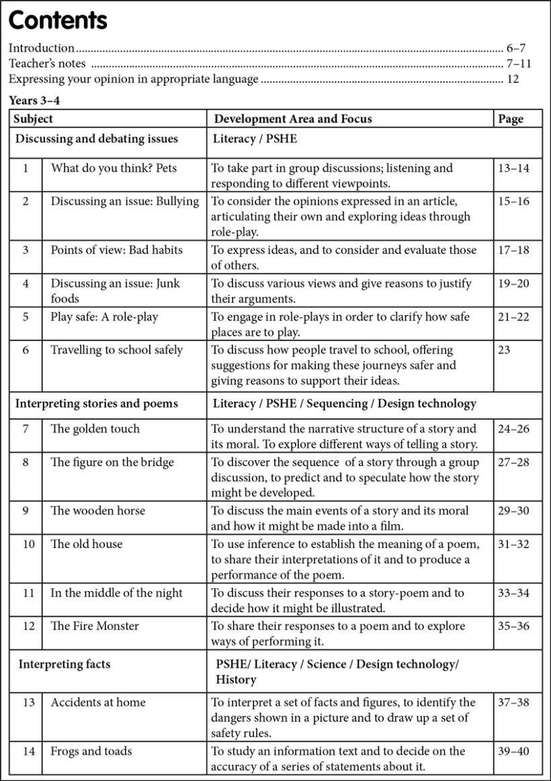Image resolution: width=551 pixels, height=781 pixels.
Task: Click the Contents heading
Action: [58, 21]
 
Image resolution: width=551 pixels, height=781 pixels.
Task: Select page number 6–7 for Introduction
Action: [515, 48]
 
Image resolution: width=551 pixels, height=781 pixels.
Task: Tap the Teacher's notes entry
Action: [47, 64]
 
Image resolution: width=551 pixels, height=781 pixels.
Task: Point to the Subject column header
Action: [34, 119]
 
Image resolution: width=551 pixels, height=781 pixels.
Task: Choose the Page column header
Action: [511, 119]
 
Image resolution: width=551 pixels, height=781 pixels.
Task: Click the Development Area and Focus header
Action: [292, 119]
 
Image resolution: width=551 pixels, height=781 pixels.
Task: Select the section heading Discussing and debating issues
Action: [97, 139]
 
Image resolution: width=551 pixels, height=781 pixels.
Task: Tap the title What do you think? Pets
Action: [114, 168]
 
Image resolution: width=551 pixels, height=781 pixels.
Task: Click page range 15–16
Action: [513, 201]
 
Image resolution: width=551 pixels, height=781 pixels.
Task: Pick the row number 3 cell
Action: [26, 250]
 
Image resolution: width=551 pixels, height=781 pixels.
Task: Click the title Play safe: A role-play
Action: [104, 316]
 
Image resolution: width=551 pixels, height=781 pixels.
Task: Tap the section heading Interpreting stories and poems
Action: [97, 404]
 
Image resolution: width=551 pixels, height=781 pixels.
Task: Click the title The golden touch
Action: [95, 428]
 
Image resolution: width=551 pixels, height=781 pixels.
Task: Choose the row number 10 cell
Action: [28, 544]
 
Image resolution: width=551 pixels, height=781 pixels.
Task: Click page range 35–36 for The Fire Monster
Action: [513, 626]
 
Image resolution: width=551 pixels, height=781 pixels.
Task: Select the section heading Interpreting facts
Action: [65, 664]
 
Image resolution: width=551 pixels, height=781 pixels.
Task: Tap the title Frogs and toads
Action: [91, 751]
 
